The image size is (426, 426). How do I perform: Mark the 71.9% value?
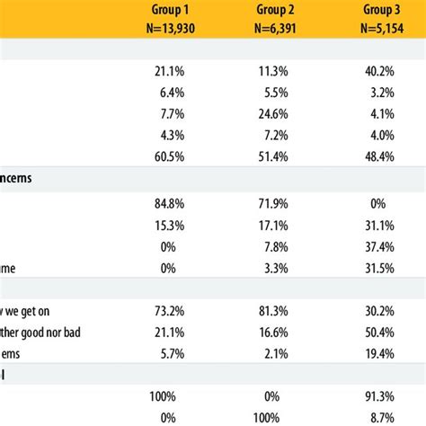point(271,203)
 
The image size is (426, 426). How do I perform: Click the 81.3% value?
point(271,313)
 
